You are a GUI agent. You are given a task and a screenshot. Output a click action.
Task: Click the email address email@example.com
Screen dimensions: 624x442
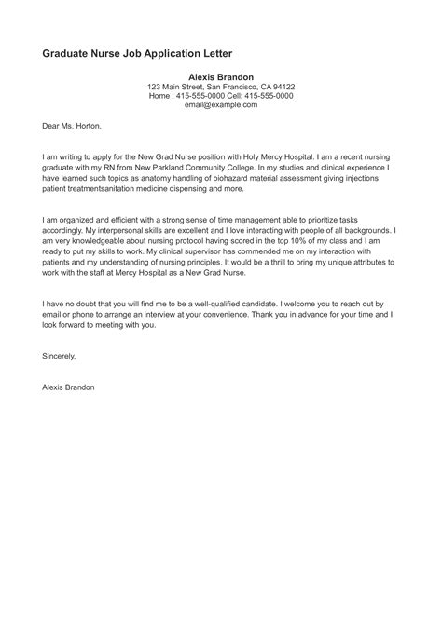point(221,105)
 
